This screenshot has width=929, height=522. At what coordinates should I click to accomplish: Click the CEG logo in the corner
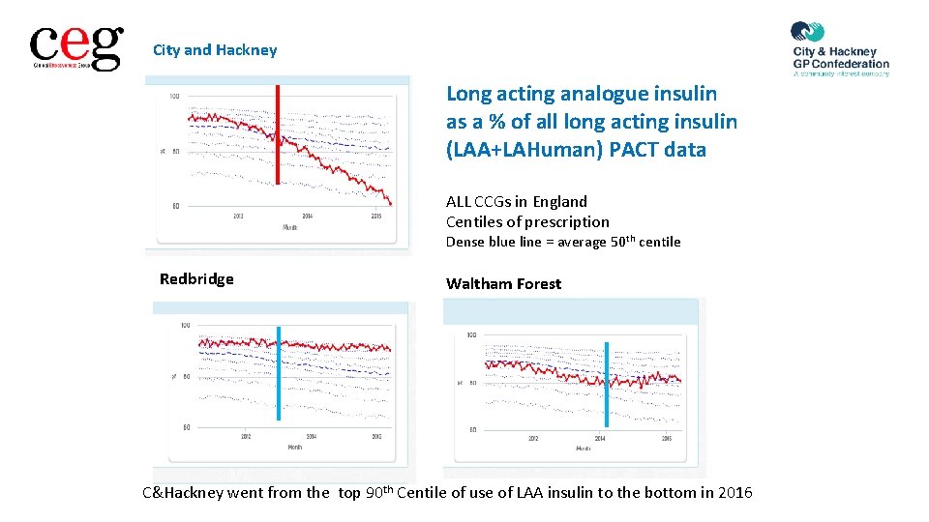pos(76,47)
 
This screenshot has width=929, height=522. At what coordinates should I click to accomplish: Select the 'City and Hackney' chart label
pos(215,50)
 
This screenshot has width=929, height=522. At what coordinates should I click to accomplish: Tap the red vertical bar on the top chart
pos(278,133)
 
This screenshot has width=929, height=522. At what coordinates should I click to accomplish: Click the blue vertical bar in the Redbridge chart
pos(279,373)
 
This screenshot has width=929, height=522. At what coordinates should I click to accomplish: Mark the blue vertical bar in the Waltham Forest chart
pos(607,384)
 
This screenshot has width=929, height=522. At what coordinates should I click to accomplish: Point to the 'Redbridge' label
pos(196,279)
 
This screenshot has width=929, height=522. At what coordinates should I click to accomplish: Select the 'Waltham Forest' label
pos(503,284)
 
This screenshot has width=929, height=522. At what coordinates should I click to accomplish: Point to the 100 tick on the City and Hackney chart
pos(174,96)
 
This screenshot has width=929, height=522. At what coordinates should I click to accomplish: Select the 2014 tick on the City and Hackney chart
pos(307,216)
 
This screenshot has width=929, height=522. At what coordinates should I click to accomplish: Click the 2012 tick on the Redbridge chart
pos(246,436)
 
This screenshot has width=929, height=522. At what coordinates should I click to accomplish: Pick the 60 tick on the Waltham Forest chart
pos(471,429)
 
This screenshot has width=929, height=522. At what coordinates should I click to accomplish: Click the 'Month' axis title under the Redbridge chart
pos(294,447)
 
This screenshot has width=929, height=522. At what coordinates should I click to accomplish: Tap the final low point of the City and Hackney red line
pos(390,203)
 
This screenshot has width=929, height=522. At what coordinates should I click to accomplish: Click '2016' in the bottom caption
pos(733,493)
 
